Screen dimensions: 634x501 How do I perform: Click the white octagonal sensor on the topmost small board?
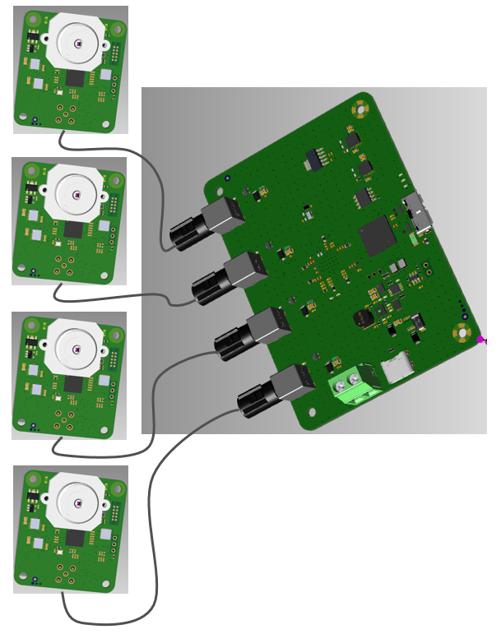[x=77, y=44]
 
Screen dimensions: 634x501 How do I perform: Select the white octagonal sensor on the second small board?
[x=75, y=195]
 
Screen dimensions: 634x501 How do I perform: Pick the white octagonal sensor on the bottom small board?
[x=77, y=502]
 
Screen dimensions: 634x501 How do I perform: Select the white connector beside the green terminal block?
[x=399, y=367]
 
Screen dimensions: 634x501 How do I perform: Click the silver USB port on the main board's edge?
[x=420, y=214]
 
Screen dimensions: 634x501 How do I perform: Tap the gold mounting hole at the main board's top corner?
[x=360, y=108]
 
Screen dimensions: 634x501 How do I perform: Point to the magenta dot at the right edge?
[x=480, y=339]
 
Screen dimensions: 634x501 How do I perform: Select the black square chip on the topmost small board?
[x=76, y=78]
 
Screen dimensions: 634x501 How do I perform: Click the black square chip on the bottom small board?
[x=76, y=537]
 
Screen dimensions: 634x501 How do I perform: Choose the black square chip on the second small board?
[x=74, y=229]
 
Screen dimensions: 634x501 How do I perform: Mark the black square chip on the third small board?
[x=75, y=383]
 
